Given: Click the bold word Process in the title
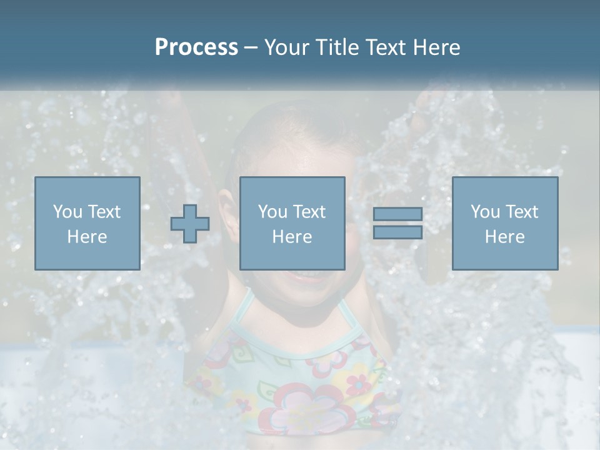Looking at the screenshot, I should pos(196,47).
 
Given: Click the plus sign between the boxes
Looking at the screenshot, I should pos(190,224).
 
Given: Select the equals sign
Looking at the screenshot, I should pos(397,223).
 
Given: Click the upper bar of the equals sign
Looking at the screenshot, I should pos(397,214).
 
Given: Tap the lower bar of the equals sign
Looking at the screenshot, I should pos(397,232).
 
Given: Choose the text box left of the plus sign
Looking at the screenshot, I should pos(87,223).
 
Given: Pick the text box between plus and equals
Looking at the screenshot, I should pos(292,223).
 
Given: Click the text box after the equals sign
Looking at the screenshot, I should pos(504,223).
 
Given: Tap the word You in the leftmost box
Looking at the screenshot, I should pos(67,212).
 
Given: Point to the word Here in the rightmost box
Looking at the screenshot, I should pos(504,236).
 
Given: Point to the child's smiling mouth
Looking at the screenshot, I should pos(304,275).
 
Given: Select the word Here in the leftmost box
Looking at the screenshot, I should pos(87,236).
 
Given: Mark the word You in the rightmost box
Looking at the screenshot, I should pos(484,212).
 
